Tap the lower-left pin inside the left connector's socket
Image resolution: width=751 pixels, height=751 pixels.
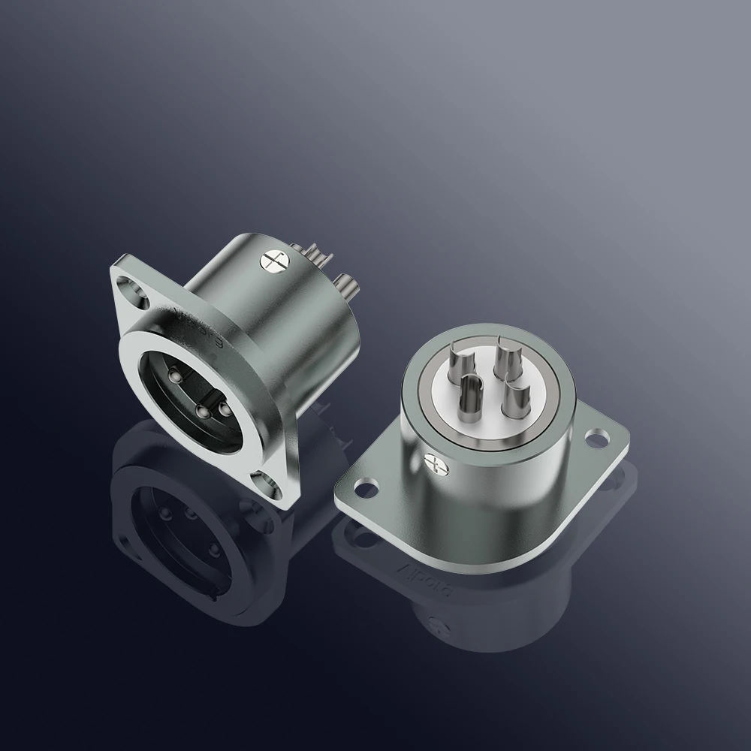click(201, 411)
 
